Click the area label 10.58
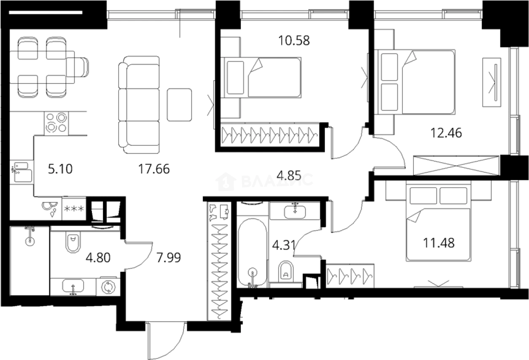294,40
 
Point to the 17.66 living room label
154,169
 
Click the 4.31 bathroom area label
282,245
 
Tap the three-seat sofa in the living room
139,105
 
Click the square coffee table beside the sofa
179,105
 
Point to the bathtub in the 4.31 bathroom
252,251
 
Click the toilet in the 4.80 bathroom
73,243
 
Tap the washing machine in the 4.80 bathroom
109,286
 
